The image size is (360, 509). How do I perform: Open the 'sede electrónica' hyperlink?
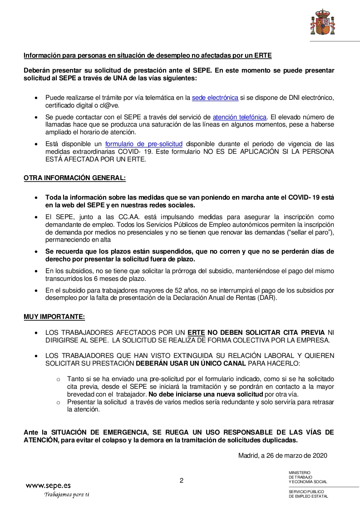(215, 98)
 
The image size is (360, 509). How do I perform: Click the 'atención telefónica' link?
(239, 117)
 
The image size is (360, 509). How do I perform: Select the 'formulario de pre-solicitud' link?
(144, 144)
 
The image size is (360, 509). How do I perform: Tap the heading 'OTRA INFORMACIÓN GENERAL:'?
(74, 178)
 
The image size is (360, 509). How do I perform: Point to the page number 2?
(182, 480)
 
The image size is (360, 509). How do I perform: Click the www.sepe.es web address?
(48, 485)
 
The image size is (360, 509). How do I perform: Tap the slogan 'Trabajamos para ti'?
(66, 494)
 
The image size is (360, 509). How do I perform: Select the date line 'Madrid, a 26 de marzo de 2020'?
(282, 455)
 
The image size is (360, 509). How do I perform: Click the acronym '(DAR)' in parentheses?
(267, 298)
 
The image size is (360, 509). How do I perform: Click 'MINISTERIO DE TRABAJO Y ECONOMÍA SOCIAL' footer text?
(307, 477)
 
